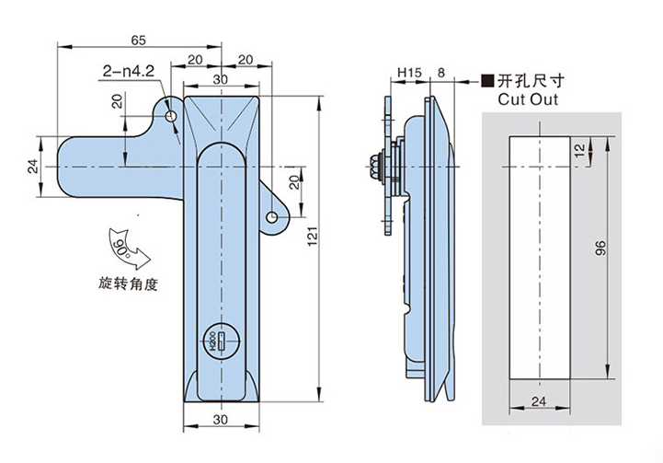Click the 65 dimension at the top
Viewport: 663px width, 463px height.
[139, 40]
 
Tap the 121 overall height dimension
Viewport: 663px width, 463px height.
[313, 245]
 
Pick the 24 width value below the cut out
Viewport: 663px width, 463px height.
[539, 401]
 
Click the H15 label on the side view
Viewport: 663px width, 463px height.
[408, 72]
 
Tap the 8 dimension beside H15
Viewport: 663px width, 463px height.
[442, 72]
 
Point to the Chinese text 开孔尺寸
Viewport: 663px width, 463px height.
[529, 80]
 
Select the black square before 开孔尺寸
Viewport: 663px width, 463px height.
[487, 80]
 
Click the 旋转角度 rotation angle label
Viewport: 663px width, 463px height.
[129, 284]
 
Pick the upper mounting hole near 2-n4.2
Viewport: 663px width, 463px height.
[173, 118]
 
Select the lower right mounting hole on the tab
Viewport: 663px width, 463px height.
[273, 217]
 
